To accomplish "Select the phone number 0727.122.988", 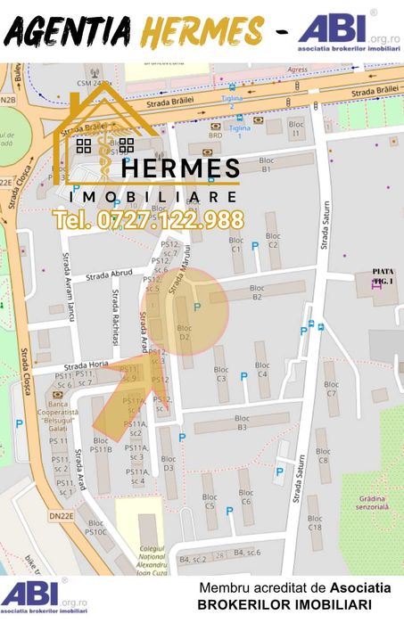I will tap(148, 219).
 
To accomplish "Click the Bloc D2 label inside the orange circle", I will tap(185, 333).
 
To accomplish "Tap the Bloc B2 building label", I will tap(257, 291).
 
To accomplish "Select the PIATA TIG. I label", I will tap(383, 275).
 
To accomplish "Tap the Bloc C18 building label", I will tap(315, 521).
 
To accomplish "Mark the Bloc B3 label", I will tap(241, 423).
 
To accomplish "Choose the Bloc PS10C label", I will tap(95, 527).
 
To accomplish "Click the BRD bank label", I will tap(215, 135).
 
